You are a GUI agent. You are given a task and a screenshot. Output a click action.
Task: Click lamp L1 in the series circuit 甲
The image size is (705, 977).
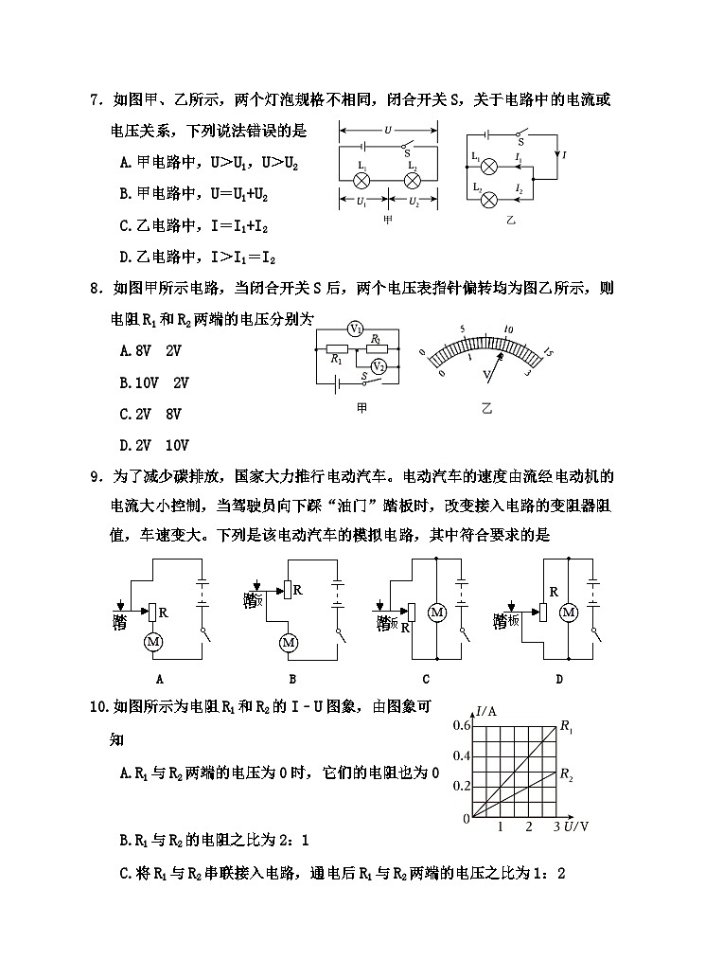coord(361,178)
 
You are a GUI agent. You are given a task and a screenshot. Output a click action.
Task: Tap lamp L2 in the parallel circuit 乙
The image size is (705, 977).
coord(490,195)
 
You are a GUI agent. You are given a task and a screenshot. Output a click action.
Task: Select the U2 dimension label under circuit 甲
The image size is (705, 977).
coord(414,202)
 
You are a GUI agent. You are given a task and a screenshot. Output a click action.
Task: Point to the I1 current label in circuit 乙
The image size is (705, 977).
coord(519,157)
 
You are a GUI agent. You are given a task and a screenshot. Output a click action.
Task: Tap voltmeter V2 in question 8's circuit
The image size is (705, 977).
coord(379,365)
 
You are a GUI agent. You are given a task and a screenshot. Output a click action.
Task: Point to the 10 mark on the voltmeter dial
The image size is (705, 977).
coord(508,329)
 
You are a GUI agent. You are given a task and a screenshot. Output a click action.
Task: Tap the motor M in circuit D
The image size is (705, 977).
coord(569,613)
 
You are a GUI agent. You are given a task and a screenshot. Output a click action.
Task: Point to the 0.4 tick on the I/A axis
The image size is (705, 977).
coord(461,755)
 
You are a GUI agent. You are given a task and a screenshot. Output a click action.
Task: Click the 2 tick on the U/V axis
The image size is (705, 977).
coord(529,827)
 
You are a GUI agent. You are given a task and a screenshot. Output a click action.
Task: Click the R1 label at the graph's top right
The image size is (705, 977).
coord(567,727)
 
